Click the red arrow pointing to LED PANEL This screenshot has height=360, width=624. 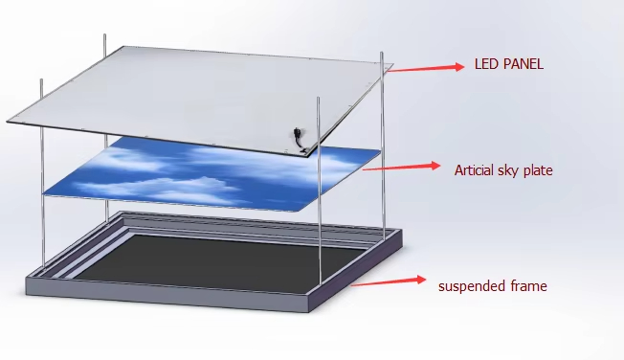pos(426,68)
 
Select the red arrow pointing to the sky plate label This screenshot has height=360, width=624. pos(402,167)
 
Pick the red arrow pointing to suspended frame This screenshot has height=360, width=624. pos(388,281)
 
